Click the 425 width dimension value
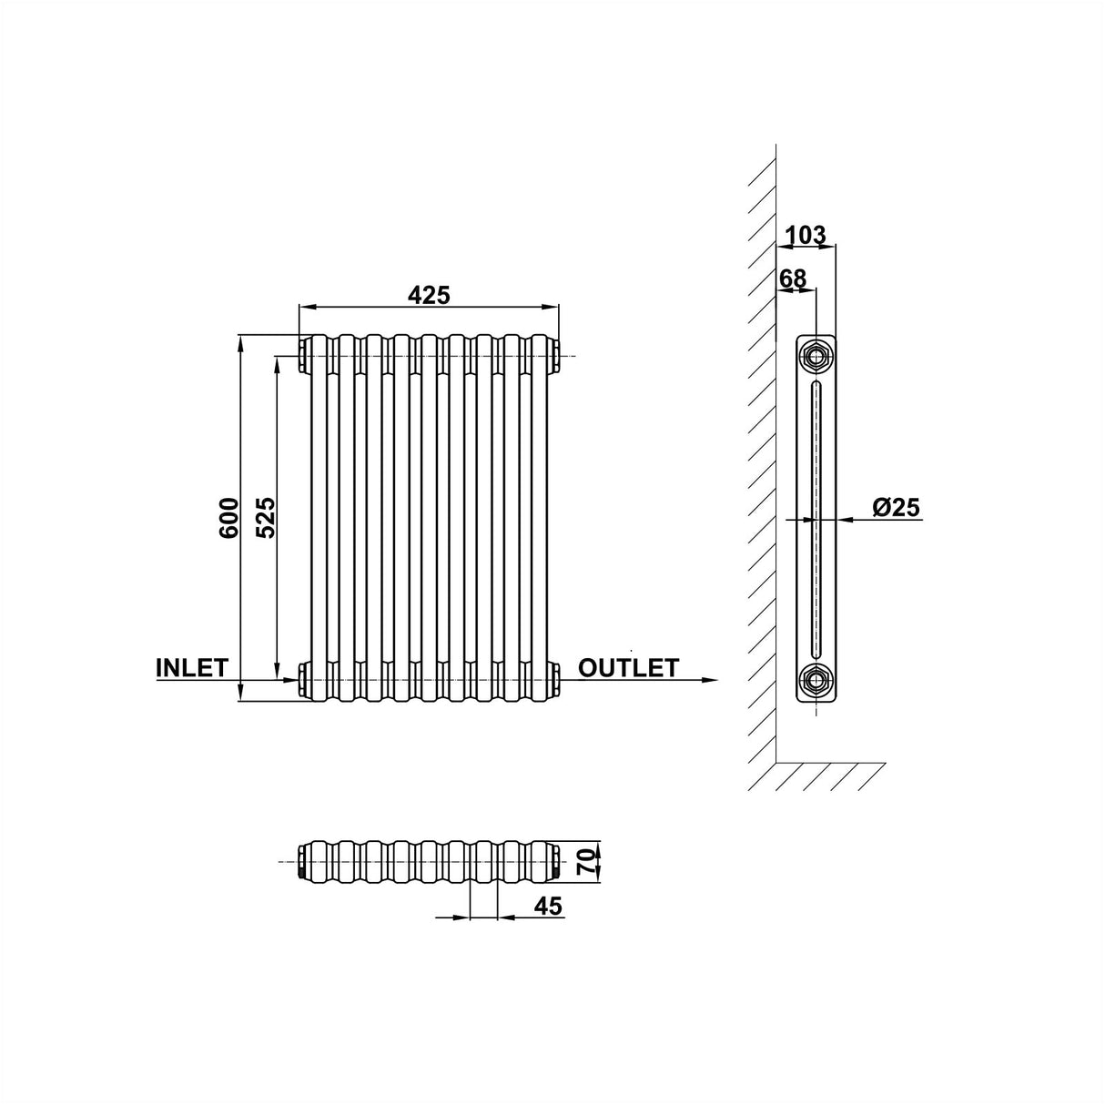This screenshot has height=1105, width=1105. click(x=429, y=295)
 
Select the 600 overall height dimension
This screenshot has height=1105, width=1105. click(x=228, y=517)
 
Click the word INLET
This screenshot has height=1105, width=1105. click(x=192, y=667)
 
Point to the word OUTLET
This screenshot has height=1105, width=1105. click(x=628, y=668)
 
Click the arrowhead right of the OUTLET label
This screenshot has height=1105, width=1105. click(x=709, y=679)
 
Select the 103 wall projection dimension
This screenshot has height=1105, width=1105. click(x=806, y=235)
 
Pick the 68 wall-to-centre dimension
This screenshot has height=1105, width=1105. click(x=793, y=278)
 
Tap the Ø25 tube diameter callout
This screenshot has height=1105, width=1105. click(x=897, y=508)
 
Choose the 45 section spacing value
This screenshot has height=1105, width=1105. click(x=548, y=906)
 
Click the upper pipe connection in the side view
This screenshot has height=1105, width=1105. click(x=816, y=354)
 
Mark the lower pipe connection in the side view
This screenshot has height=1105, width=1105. click(x=816, y=679)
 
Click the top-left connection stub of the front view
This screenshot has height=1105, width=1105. click(x=302, y=355)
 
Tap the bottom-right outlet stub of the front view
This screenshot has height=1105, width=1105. click(x=556, y=678)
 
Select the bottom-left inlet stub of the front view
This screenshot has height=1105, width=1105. click(x=302, y=678)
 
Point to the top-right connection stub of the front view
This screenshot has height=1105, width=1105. click(x=556, y=355)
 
